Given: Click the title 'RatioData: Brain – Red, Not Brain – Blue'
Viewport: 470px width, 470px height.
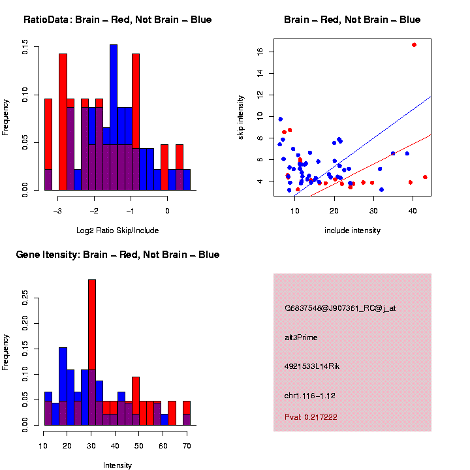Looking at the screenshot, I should click(x=117, y=20).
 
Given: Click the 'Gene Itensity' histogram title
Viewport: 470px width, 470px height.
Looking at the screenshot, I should click(x=117, y=255).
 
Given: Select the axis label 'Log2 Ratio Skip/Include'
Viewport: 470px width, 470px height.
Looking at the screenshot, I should click(x=117, y=230).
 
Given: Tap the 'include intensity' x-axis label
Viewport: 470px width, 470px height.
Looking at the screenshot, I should click(x=352, y=230).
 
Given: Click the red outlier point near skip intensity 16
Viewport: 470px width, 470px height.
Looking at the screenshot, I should click(x=414, y=44).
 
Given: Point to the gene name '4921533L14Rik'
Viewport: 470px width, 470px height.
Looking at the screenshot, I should click(x=312, y=366).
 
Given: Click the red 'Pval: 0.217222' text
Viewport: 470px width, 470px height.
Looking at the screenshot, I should click(x=311, y=416).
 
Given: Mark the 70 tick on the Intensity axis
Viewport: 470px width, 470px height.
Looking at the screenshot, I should click(x=187, y=446).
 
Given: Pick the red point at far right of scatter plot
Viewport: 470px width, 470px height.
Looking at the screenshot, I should click(x=425, y=177).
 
